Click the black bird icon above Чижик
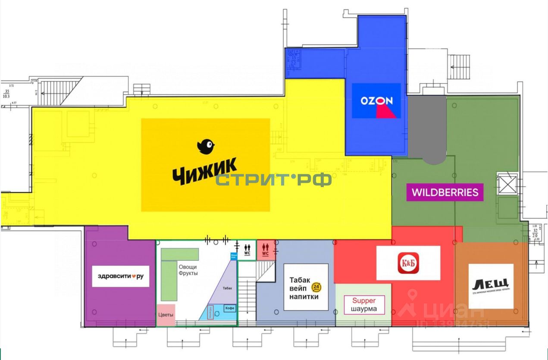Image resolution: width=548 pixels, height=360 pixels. pyautogui.click(x=206, y=147)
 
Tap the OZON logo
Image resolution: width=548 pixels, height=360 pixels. pyautogui.click(x=376, y=101)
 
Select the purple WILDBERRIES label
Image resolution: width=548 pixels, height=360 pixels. pyautogui.click(x=445, y=192)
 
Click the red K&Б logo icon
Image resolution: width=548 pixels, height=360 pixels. pyautogui.click(x=408, y=263)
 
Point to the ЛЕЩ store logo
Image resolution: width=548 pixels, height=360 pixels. pyautogui.click(x=491, y=285)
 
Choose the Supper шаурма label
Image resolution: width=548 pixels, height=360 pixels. pyautogui.click(x=364, y=305)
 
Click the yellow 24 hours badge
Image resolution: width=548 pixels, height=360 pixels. pyautogui.click(x=317, y=288)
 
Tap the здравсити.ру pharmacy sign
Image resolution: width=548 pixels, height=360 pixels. pyautogui.click(x=121, y=276)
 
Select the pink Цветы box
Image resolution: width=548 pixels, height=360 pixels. pyautogui.click(x=166, y=315)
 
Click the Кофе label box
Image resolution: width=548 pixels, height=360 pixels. pyautogui.click(x=230, y=308)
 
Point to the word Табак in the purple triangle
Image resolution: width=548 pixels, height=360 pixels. pyautogui.click(x=227, y=288)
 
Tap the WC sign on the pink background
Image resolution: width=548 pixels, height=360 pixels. pyautogui.click(x=265, y=250)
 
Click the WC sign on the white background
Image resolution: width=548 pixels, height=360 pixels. pyautogui.click(x=247, y=250)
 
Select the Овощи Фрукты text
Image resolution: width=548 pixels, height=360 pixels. pyautogui.click(x=188, y=270)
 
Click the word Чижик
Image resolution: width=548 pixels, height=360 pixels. pyautogui.click(x=205, y=171)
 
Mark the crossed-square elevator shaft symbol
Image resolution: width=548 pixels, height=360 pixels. pyautogui.click(x=507, y=185)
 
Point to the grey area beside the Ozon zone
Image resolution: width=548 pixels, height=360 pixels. pyautogui.click(x=426, y=127)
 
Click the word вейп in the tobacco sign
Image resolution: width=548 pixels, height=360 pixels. pyautogui.click(x=297, y=288)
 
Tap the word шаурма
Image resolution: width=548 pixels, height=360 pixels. pyautogui.click(x=364, y=309)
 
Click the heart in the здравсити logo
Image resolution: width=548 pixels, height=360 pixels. pyautogui.click(x=134, y=276)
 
